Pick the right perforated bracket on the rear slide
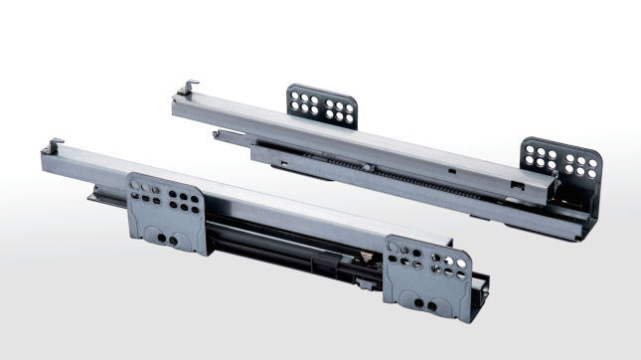(x=559, y=164)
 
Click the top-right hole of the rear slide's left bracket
(x=349, y=101)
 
